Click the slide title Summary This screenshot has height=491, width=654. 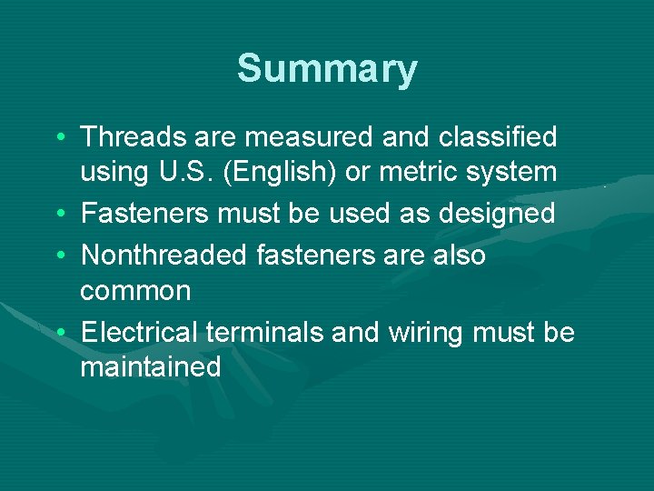327,69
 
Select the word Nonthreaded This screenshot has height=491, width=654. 163,256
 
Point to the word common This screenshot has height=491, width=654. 135,291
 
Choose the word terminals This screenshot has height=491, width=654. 264,333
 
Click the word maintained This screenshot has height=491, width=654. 150,367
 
